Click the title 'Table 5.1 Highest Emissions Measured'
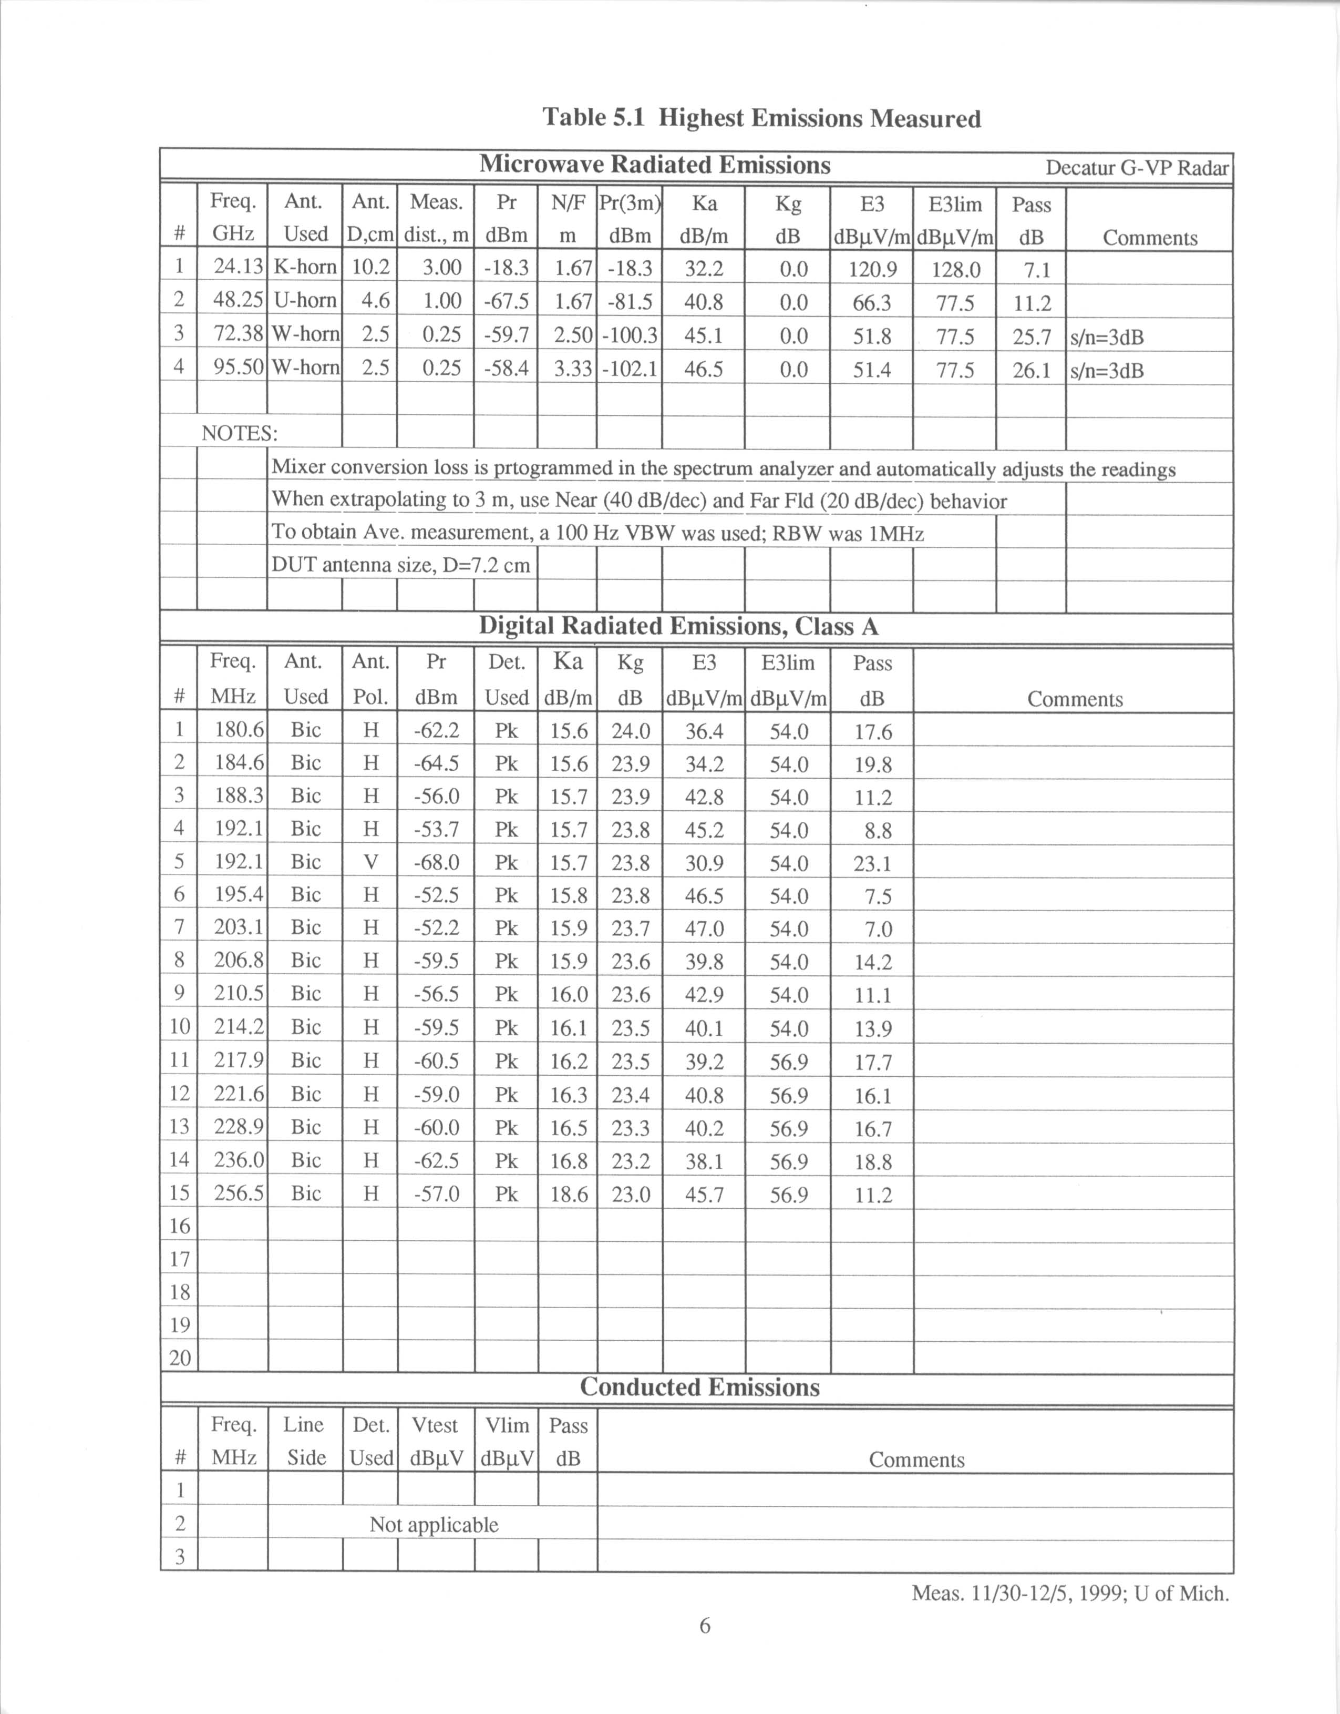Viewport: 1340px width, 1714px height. click(761, 118)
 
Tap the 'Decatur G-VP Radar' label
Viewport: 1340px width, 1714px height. click(1137, 168)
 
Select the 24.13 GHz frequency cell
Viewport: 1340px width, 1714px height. click(238, 267)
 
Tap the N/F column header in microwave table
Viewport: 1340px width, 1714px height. click(567, 203)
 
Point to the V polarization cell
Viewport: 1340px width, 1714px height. click(370, 862)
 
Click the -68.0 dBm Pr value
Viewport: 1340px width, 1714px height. click(436, 862)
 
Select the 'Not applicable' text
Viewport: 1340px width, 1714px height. click(434, 1524)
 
